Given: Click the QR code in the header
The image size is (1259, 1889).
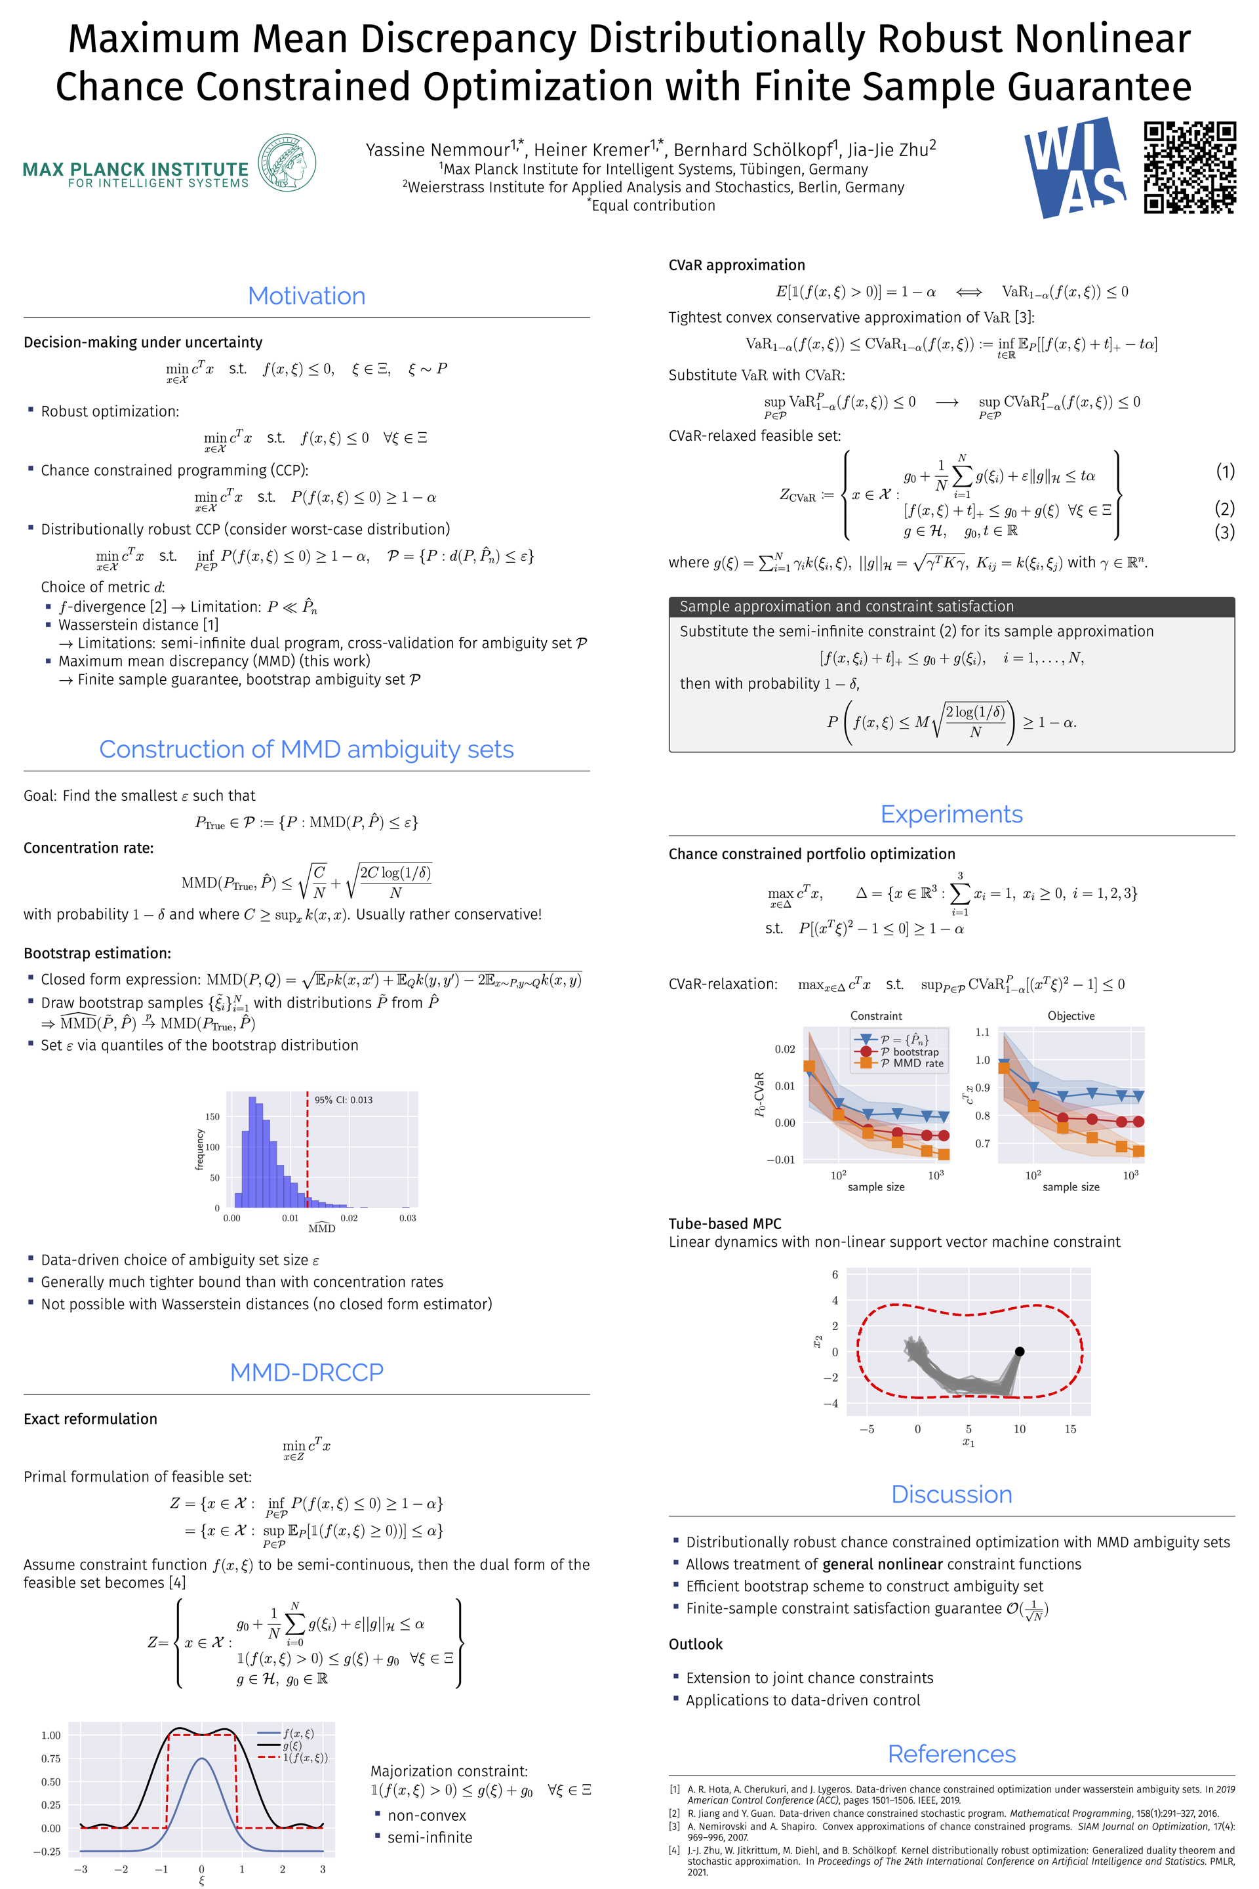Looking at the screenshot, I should [1189, 167].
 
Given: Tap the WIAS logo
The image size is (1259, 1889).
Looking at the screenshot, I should [1074, 167].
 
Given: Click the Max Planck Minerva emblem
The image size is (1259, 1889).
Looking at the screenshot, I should [287, 162].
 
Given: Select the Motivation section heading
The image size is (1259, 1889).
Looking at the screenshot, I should [306, 296].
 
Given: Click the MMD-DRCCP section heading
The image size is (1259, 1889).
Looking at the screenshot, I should [306, 1371].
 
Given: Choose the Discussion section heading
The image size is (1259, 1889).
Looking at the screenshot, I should [951, 1494].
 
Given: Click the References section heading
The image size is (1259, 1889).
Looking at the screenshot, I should [951, 1753].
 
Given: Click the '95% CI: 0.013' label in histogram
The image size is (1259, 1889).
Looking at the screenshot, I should [343, 1099].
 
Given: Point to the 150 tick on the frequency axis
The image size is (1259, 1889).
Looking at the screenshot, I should [212, 1116].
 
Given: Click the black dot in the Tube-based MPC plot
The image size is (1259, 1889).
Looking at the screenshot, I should [1019, 1352].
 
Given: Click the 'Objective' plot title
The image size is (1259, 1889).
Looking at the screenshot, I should [1070, 1016].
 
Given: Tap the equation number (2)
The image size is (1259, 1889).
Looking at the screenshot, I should [1224, 508].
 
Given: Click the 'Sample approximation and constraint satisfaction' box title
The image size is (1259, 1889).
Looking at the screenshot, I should [847, 606].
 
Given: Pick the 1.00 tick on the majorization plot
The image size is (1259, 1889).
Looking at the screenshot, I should [50, 1735].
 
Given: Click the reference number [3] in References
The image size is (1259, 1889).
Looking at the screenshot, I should [675, 1826].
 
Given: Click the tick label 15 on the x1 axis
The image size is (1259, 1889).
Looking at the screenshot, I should [1069, 1429].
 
